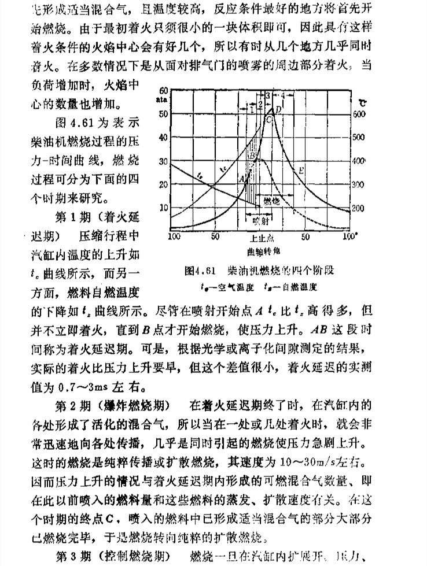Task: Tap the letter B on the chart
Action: [252, 156]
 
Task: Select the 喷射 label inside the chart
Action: [260, 220]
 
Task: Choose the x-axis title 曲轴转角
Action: [259, 252]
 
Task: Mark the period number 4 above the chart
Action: [283, 94]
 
